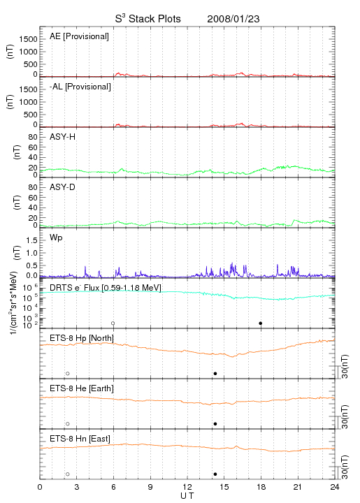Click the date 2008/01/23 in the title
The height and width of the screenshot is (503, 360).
[233, 19]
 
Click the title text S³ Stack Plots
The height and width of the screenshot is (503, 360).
[148, 19]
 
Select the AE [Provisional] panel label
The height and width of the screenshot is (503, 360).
[79, 36]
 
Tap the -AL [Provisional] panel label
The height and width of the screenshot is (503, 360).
[80, 87]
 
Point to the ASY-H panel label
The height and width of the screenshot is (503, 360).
[63, 137]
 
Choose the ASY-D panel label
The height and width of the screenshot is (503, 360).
[63, 187]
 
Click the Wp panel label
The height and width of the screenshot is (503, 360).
[56, 238]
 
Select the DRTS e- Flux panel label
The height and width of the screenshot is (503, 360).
[106, 288]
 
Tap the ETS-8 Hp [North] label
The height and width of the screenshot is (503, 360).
[82, 338]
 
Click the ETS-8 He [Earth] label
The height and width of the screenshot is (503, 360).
[82, 388]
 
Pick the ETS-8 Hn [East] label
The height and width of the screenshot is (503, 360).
[80, 439]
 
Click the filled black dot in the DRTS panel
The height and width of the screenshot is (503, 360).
[261, 323]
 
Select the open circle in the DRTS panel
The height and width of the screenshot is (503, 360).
[113, 323]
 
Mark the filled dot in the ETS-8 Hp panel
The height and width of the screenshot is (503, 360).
[215, 373]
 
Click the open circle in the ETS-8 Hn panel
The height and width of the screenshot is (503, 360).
[68, 474]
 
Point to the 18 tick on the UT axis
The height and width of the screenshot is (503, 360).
[261, 487]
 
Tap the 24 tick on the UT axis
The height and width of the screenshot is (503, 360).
[335, 487]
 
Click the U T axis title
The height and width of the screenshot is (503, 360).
[187, 496]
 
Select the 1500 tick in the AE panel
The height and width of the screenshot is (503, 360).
[29, 39]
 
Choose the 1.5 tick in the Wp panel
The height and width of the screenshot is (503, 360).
[32, 240]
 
